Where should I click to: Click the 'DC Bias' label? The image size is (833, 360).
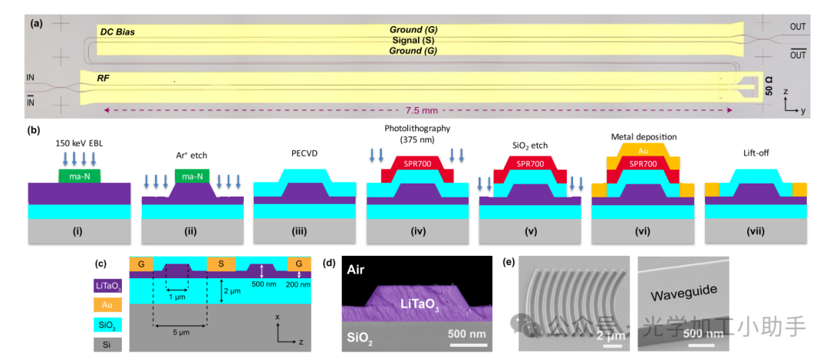coord(117,32)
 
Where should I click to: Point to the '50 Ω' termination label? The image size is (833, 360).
coord(769,85)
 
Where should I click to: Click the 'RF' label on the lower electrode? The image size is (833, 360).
coord(103,79)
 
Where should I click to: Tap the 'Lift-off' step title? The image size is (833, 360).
coord(755,153)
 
